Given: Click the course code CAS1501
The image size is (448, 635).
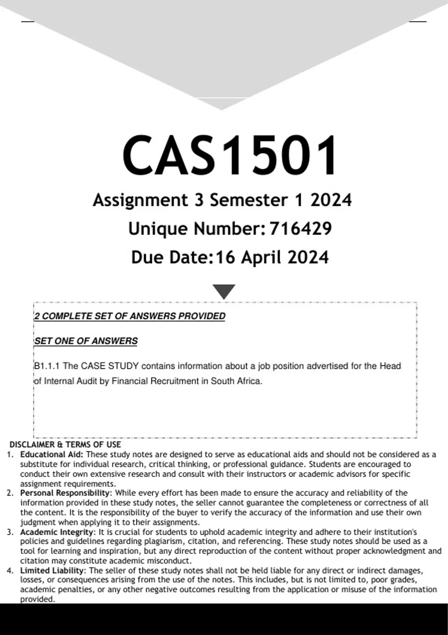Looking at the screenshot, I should tap(230, 155).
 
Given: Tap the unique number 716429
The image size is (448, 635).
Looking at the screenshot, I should tap(300, 229).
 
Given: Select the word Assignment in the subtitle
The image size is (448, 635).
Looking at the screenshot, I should tap(140, 200).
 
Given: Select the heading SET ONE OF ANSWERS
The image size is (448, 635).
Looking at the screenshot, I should tap(86, 341).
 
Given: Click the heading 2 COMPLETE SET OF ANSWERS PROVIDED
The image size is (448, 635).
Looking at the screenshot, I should tap(130, 316).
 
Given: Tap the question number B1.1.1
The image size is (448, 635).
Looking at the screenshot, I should tap(47, 366).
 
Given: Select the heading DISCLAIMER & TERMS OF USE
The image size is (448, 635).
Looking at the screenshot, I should tap(65, 444).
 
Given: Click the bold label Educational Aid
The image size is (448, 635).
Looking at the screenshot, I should tap(52, 455).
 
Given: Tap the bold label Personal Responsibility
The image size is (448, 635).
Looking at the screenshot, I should tap(65, 493).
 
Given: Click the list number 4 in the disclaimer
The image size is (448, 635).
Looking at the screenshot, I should tap(10, 570).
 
